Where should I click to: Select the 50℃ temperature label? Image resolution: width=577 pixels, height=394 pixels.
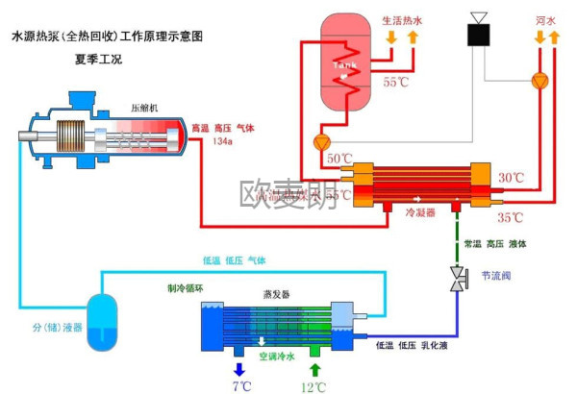[x=339, y=158]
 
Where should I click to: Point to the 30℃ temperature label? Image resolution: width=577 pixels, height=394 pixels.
[x=511, y=178]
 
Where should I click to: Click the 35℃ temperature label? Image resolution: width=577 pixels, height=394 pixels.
[x=511, y=217]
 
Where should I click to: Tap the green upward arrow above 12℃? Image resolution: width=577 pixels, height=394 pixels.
[x=314, y=368]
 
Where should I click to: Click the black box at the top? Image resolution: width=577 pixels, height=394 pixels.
[x=479, y=34]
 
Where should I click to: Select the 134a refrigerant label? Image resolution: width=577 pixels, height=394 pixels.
[x=222, y=142]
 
